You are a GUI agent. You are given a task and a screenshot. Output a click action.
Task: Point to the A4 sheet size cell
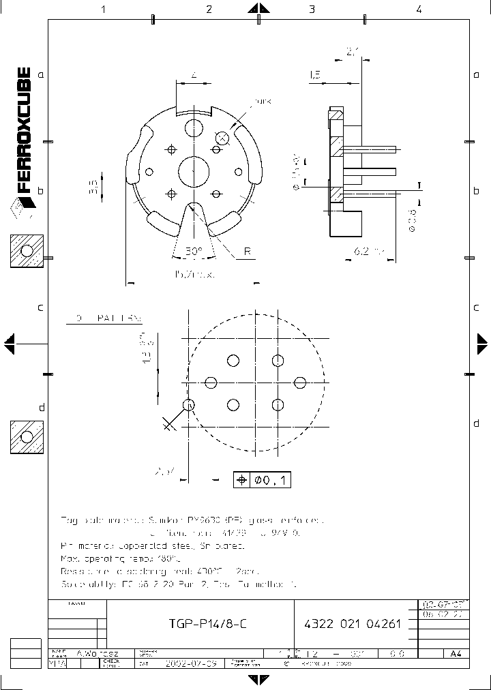[x=456, y=653]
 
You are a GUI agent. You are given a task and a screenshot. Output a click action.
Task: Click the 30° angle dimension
[x=194, y=252]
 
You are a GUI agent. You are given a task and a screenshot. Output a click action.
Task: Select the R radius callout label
[x=248, y=252]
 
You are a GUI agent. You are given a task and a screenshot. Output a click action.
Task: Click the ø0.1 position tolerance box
[x=262, y=480]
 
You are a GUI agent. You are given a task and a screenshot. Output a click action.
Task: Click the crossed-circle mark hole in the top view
[x=222, y=137]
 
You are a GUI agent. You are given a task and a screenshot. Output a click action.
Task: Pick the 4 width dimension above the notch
[x=194, y=76]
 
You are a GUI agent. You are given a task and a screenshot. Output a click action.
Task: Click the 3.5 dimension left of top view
[x=94, y=186]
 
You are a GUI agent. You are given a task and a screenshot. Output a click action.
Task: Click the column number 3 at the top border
[x=312, y=10]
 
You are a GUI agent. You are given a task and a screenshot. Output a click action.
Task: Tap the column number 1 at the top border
[x=104, y=10]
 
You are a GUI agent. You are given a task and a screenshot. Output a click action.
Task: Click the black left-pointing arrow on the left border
[x=9, y=344]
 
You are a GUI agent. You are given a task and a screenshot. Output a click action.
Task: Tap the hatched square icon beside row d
[x=27, y=437]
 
